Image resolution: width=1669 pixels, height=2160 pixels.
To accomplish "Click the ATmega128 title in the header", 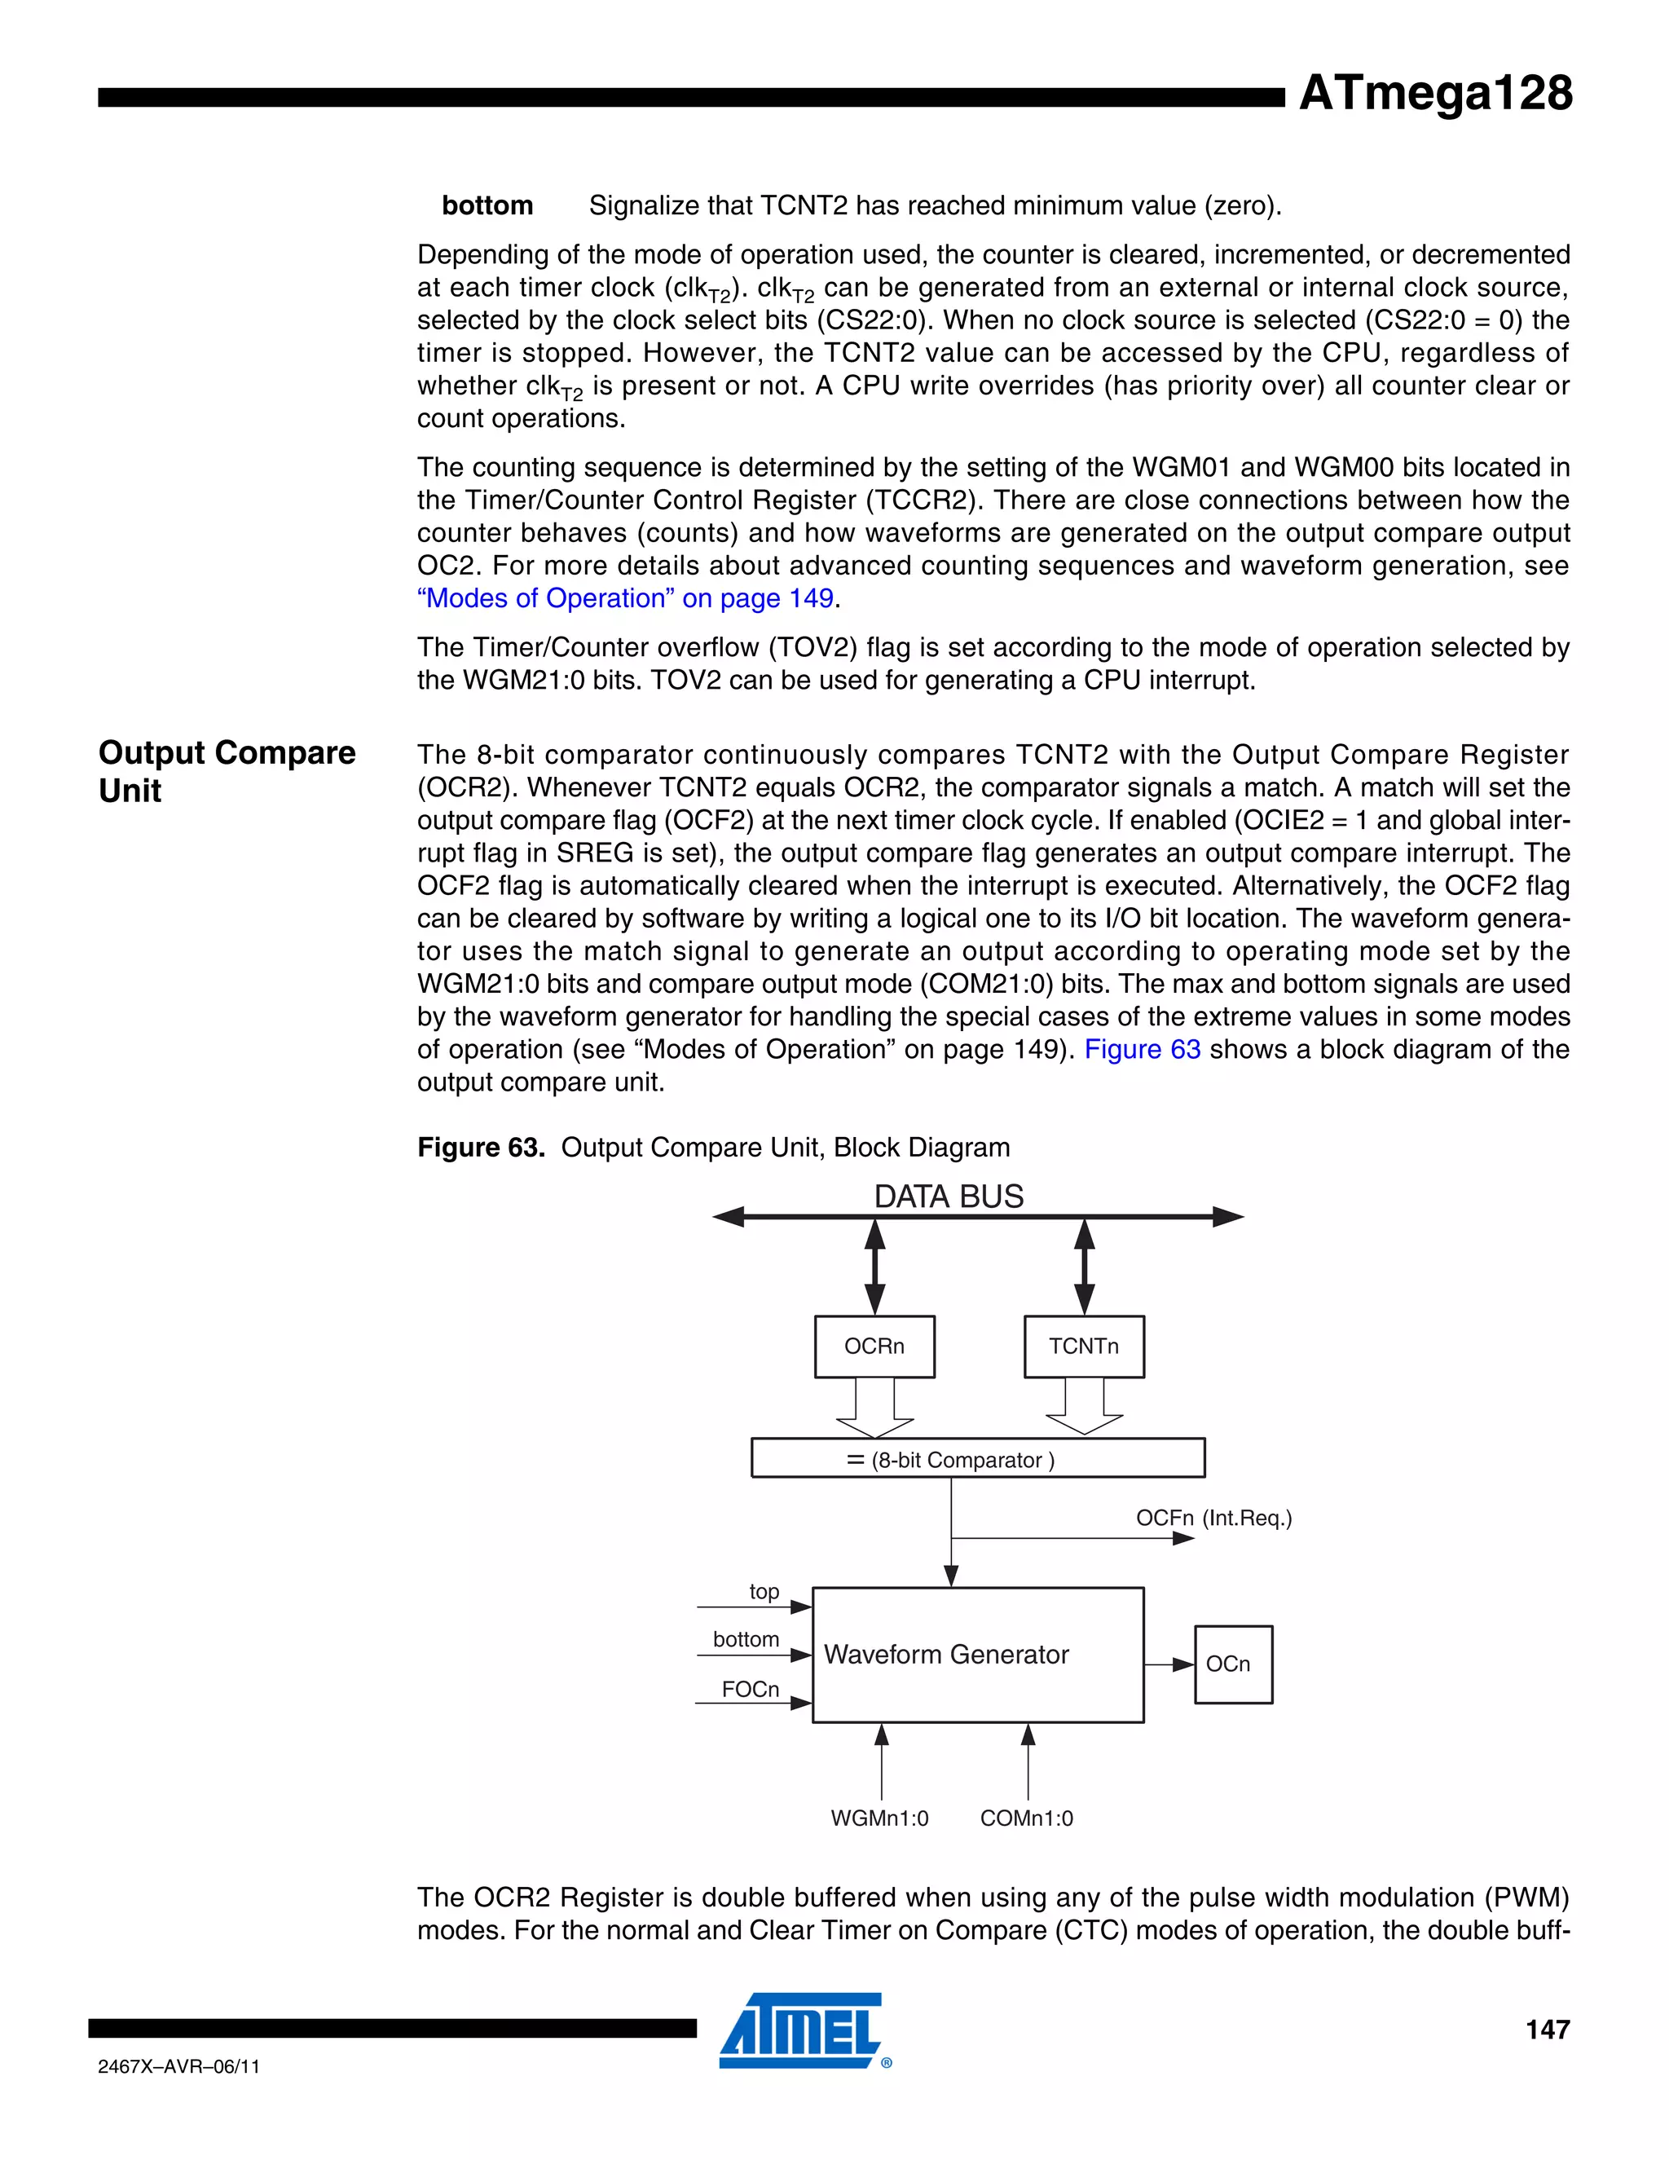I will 1434,94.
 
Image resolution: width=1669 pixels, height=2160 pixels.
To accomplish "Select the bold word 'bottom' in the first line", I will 487,205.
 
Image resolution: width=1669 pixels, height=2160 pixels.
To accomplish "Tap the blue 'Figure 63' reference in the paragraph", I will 1142,1049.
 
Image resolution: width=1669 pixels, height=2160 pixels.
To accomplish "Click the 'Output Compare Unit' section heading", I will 227,771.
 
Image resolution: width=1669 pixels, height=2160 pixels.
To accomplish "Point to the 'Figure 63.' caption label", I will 481,1148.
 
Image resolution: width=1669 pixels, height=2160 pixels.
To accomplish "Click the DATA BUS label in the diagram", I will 949,1197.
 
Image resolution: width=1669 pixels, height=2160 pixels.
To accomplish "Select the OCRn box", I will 874,1346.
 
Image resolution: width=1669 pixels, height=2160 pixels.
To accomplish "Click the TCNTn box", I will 1084,1346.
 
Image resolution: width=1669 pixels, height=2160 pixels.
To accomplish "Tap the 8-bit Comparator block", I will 977,1459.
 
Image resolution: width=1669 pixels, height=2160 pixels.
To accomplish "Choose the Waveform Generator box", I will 977,1655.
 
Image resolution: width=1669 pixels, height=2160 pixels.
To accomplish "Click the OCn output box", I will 1233,1664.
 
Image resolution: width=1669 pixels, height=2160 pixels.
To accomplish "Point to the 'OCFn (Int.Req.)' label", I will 1213,1519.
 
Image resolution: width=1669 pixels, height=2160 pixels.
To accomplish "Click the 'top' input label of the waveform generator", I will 764,1591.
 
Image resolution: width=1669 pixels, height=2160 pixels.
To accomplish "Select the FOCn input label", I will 750,1689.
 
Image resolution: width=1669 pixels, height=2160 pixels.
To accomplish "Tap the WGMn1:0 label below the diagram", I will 879,1818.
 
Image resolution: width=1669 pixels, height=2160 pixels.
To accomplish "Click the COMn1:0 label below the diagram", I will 1026,1818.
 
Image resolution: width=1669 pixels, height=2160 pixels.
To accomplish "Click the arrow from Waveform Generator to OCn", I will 1169,1664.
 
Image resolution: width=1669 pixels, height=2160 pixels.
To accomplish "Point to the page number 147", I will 1548,2030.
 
